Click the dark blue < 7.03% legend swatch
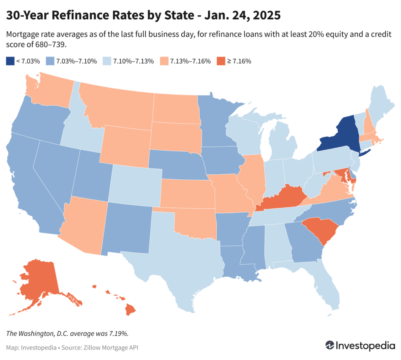click(x=10, y=61)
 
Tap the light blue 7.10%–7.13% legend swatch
click(x=107, y=61)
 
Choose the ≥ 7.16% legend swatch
click(x=221, y=61)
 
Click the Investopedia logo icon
click(x=330, y=346)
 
